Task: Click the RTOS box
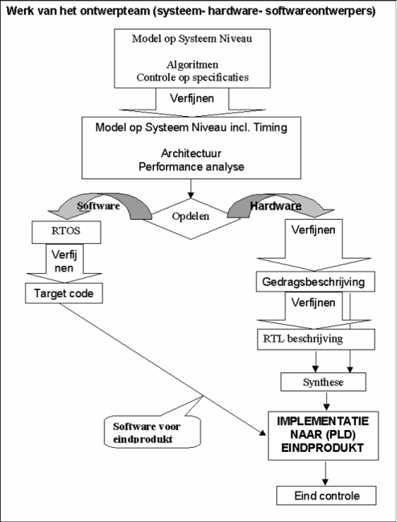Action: point(66,232)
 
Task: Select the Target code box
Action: point(64,293)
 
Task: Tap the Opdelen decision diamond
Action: point(191,219)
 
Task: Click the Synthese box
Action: point(323,382)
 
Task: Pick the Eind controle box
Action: point(326,495)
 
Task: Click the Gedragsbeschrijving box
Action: point(315,282)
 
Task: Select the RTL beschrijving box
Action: point(316,339)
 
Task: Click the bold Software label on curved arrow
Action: point(98,205)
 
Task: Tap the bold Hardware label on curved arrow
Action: point(276,205)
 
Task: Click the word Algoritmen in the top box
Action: point(192,64)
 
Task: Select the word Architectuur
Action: point(191,153)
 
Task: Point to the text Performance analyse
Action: point(192,167)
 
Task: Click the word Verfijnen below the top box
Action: point(192,98)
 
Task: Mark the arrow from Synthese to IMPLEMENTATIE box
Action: point(326,401)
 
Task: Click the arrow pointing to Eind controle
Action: point(325,474)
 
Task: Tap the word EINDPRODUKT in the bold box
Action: point(322,448)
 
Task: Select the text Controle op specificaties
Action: point(192,77)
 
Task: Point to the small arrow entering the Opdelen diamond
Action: point(191,188)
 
